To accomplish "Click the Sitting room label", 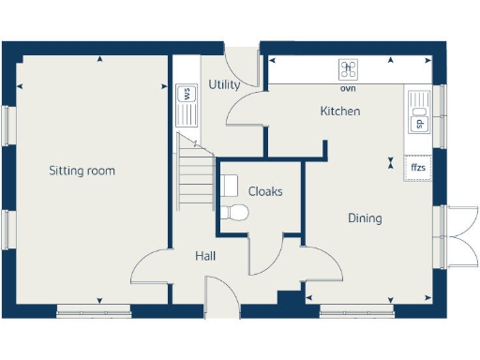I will click(82, 171).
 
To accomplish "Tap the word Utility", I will click(224, 84).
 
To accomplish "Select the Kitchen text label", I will click(340, 111).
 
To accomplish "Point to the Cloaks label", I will click(265, 191).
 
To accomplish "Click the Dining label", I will click(365, 218).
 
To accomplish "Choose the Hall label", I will click(207, 255).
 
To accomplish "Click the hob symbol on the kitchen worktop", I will click(349, 68).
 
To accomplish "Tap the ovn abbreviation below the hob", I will click(348, 88).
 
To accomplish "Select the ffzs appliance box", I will click(418, 168).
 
